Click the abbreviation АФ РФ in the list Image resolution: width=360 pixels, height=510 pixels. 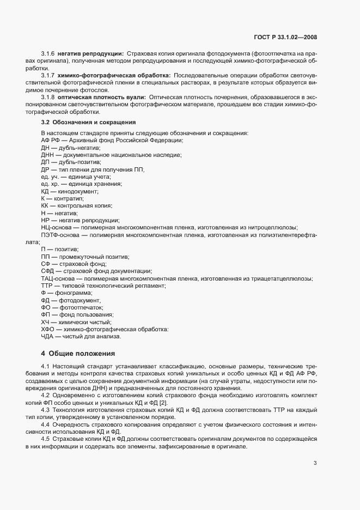(x=50, y=141)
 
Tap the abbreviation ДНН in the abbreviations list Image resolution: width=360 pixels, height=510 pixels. (x=47, y=155)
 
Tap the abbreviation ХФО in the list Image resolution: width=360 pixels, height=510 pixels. (x=47, y=329)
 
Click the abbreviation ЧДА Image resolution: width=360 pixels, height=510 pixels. (x=47, y=336)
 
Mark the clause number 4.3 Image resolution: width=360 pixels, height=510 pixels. (x=45, y=409)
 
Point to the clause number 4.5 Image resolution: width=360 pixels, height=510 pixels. (x=45, y=438)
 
